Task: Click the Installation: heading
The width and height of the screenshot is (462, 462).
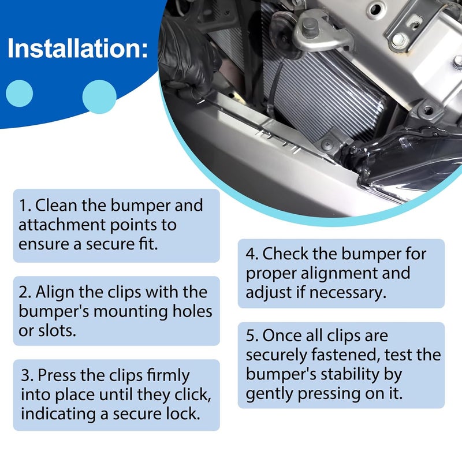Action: [77, 49]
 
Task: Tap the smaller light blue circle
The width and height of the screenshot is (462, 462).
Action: [19, 94]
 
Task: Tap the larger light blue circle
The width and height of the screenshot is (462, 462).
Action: [99, 96]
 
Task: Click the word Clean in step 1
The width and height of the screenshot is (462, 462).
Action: [56, 205]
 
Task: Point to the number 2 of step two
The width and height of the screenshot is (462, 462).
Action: [24, 292]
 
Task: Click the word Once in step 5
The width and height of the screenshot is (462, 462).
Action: [282, 336]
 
